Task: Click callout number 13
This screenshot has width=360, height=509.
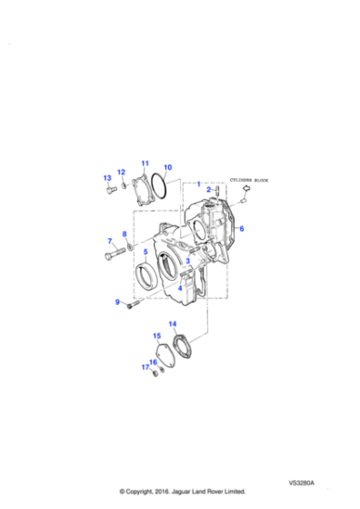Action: (106, 177)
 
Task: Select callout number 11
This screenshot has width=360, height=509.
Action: (144, 163)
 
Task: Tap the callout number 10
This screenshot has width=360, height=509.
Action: (167, 167)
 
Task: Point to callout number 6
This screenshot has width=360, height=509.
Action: (242, 228)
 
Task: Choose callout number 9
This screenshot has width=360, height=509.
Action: (116, 302)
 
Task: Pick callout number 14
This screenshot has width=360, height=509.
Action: (173, 324)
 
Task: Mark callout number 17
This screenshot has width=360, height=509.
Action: (144, 367)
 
